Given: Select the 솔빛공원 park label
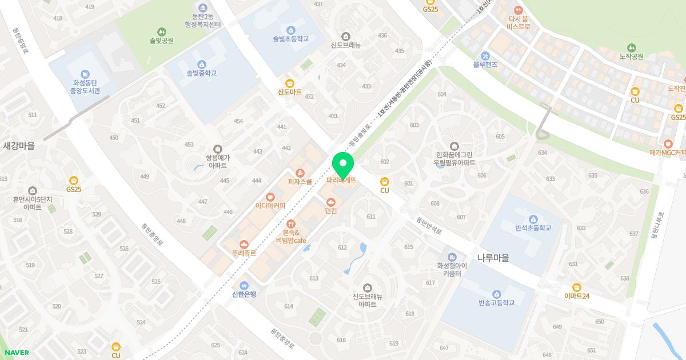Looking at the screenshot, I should [x=161, y=41].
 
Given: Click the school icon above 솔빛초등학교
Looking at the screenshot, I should [x=290, y=30].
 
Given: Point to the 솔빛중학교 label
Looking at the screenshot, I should [x=201, y=73].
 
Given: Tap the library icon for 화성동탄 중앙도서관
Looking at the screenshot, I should [x=85, y=74].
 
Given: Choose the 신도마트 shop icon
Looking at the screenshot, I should [x=289, y=83].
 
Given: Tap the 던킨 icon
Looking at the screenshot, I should [x=331, y=202].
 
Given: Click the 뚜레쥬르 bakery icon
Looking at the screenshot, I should [x=244, y=244].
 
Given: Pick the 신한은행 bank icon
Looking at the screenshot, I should [x=244, y=285].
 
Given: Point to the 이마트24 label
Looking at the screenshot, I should [x=576, y=296].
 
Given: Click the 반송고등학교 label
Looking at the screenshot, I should [x=496, y=303].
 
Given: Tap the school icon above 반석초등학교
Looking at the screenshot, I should [x=533, y=219].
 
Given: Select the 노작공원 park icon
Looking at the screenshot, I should [x=631, y=47].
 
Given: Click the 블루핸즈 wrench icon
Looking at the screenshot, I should [x=485, y=55].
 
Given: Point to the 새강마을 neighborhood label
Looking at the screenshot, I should [x=19, y=146].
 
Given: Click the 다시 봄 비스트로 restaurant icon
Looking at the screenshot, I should [x=518, y=10].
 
